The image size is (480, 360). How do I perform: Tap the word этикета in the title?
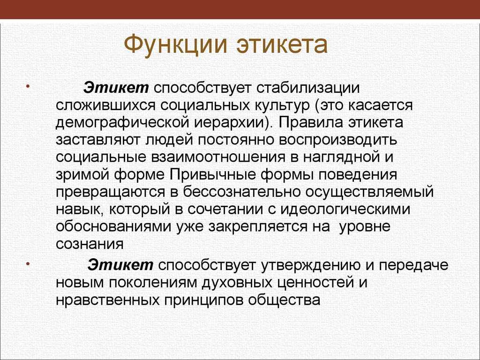(x=282, y=45)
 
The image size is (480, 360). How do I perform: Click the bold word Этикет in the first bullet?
(x=116, y=88)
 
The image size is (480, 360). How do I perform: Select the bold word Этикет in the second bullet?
(x=120, y=264)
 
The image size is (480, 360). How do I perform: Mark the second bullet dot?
(x=28, y=263)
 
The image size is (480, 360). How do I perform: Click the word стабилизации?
(x=308, y=88)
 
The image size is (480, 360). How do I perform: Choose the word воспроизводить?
(x=338, y=140)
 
